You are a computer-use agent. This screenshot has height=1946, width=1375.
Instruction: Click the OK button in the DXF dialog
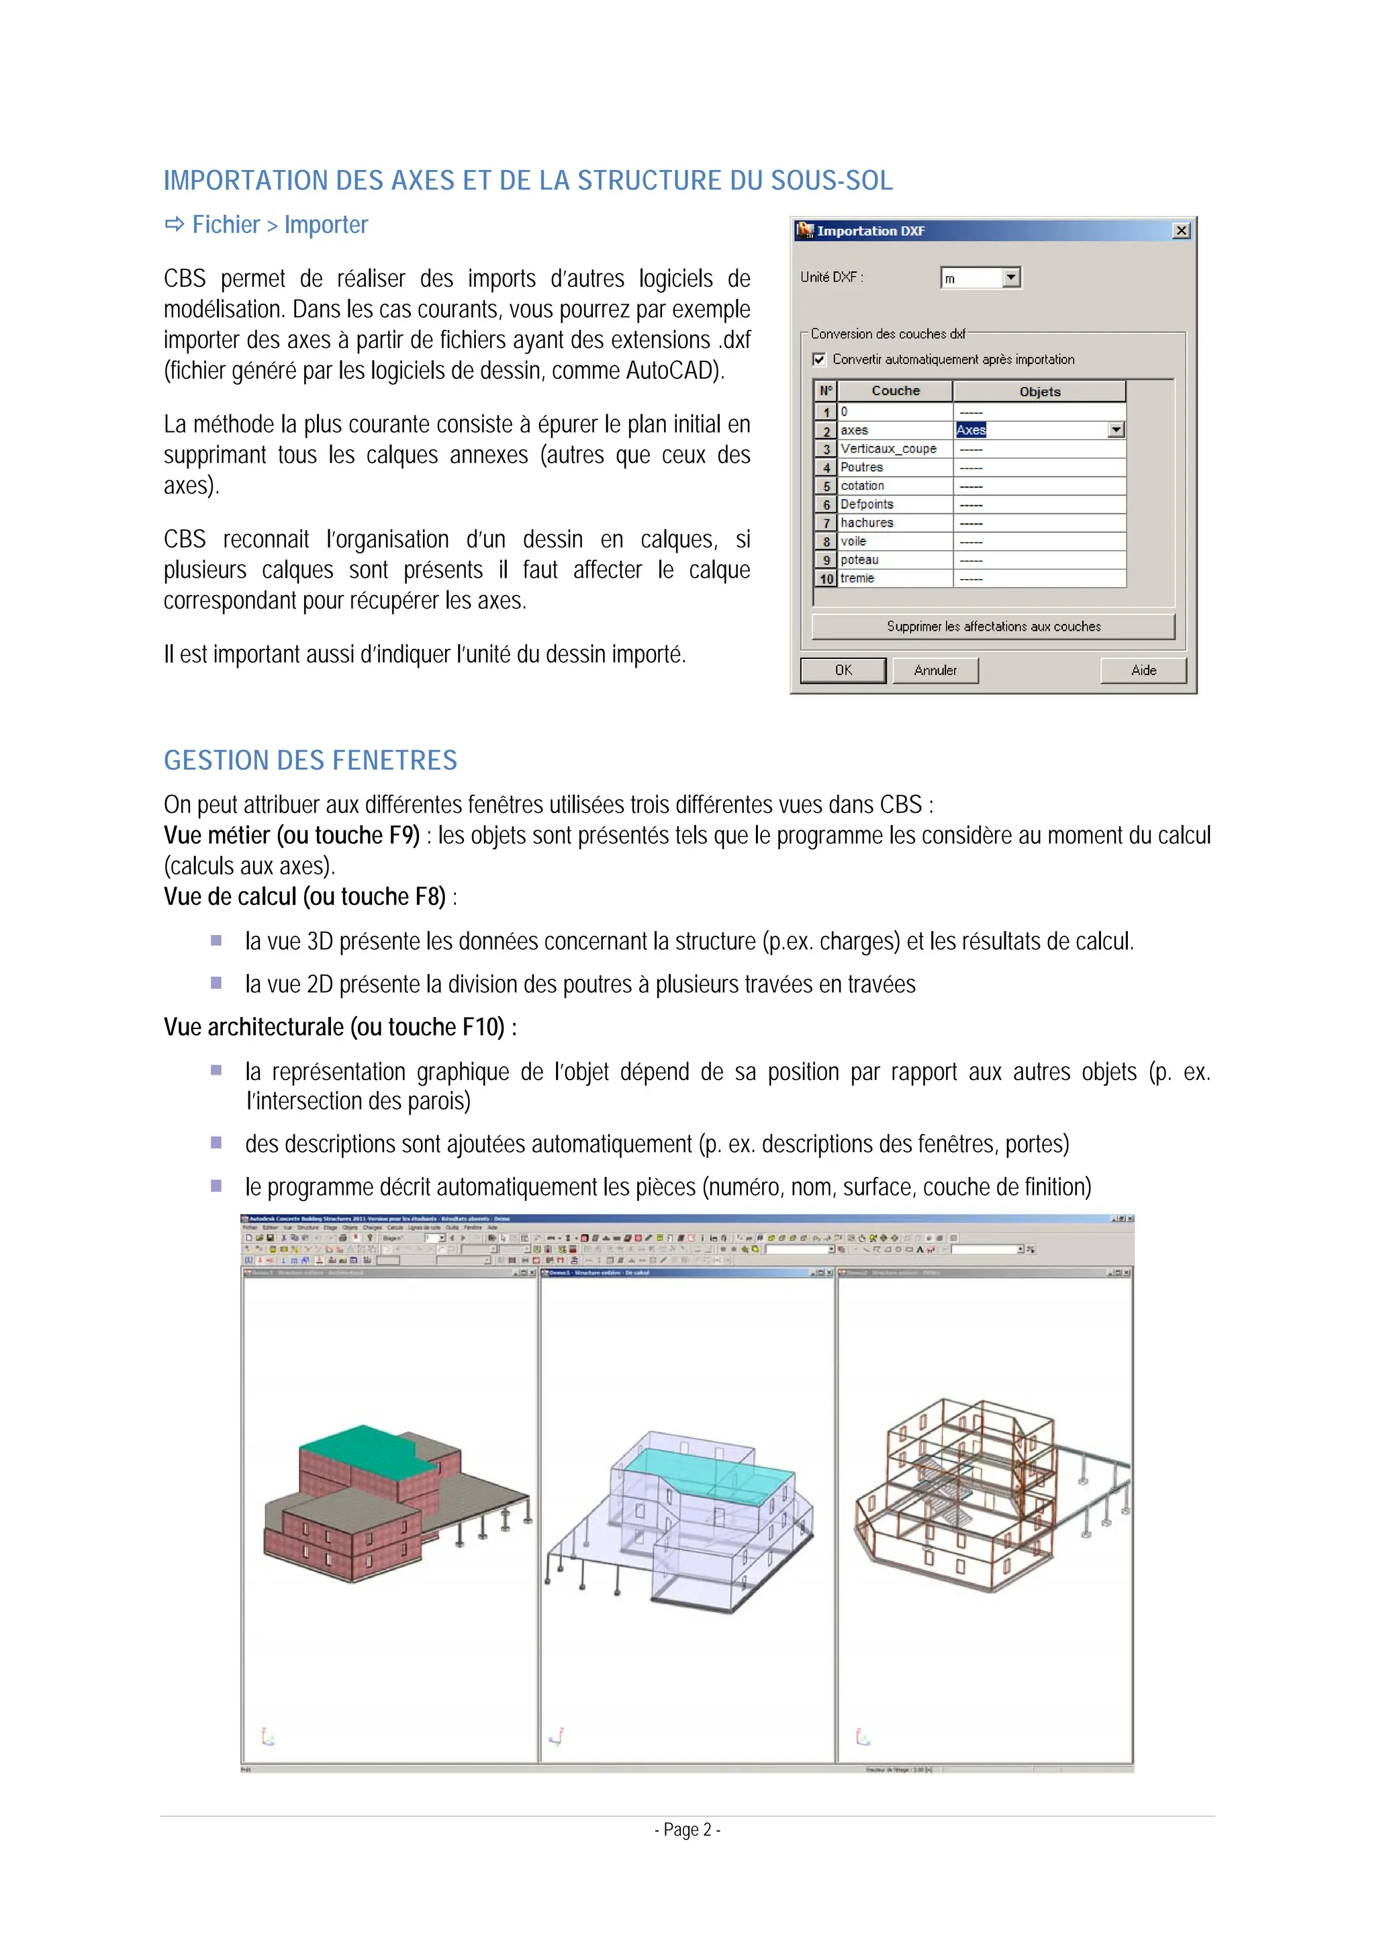click(843, 670)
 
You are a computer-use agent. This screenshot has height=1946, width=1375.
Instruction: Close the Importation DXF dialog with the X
click(1181, 230)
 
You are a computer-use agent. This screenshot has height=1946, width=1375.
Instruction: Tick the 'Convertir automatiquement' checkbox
click(819, 359)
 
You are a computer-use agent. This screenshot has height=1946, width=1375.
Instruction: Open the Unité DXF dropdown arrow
click(1010, 277)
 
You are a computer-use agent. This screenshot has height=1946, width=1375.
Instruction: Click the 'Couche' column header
click(895, 391)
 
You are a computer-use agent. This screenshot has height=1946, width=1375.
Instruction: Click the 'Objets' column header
click(1039, 391)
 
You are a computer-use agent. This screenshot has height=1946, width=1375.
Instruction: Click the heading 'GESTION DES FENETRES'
click(310, 760)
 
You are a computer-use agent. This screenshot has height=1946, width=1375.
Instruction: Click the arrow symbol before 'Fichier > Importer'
click(175, 224)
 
